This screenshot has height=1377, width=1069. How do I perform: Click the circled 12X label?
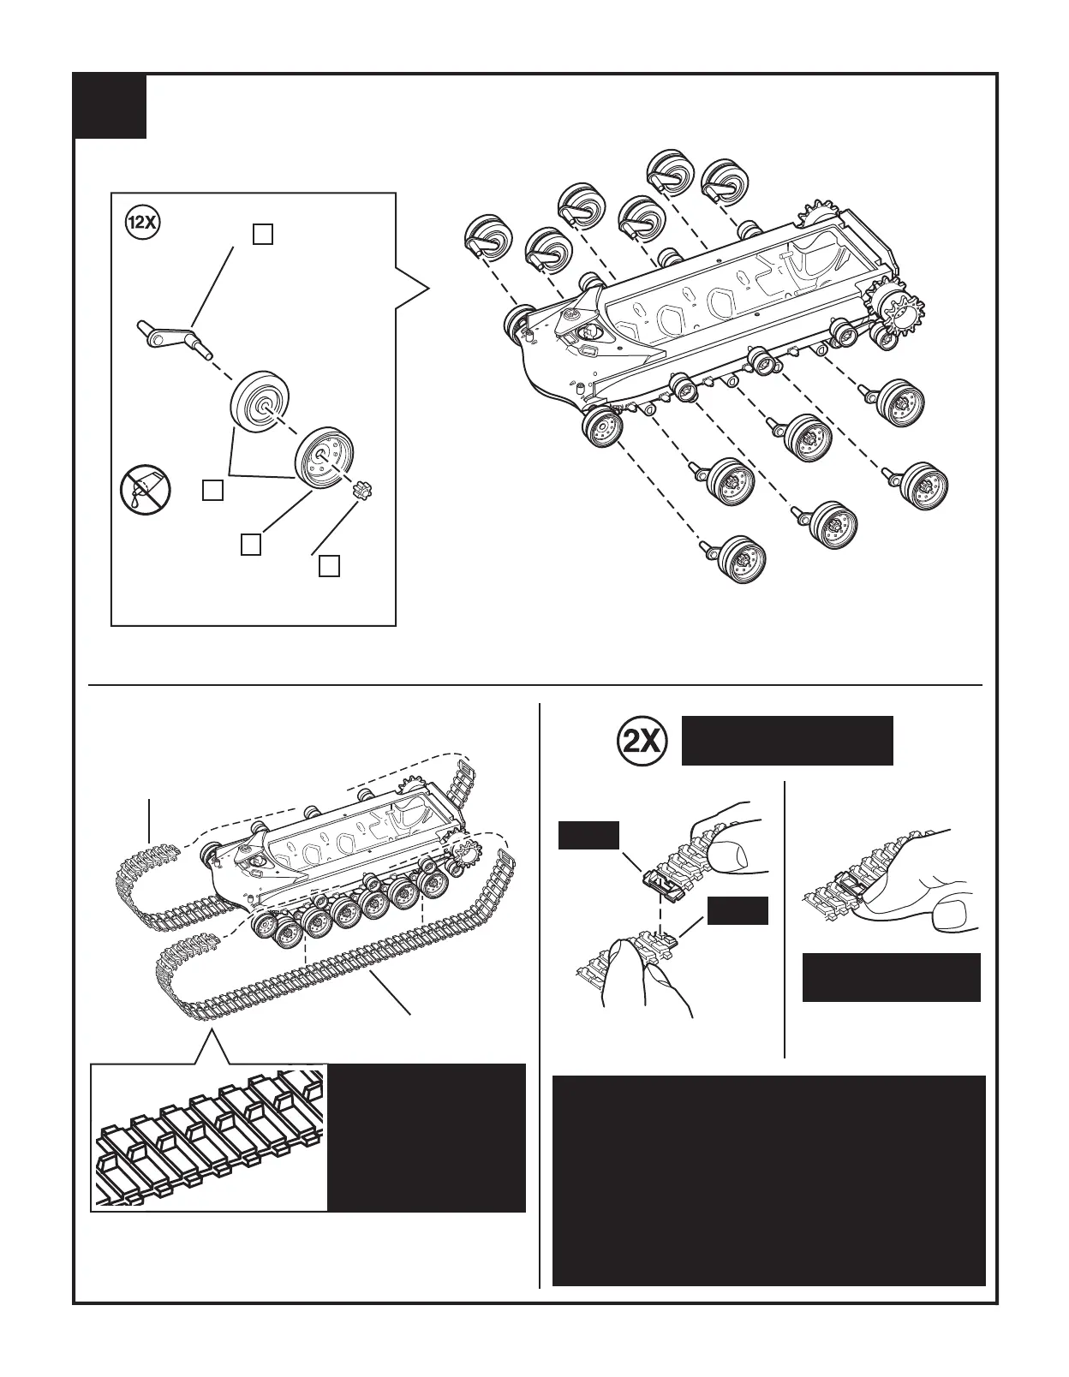[141, 223]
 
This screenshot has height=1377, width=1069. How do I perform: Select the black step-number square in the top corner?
[110, 106]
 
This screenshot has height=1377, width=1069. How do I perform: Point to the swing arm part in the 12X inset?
[176, 338]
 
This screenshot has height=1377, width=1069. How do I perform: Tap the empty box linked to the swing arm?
[263, 234]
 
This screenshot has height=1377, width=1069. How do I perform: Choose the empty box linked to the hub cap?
[330, 565]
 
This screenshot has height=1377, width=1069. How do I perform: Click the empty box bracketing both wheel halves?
[213, 490]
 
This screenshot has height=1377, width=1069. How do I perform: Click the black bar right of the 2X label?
[786, 741]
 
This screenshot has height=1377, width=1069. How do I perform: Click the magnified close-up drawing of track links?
[210, 1137]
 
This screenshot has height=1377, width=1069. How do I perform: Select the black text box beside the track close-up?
[427, 1137]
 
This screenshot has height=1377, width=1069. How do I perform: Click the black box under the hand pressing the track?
[891, 977]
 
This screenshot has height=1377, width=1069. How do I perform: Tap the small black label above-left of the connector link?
[588, 835]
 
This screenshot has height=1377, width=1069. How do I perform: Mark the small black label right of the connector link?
[738, 911]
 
